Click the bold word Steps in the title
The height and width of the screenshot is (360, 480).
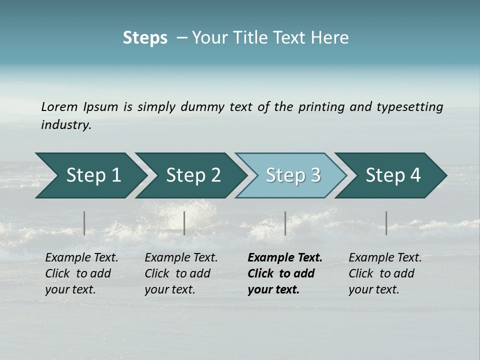[x=145, y=37]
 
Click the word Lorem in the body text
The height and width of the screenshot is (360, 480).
[x=59, y=106]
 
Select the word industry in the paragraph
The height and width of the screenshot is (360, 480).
[x=65, y=125]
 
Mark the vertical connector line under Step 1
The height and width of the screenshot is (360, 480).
[x=84, y=223]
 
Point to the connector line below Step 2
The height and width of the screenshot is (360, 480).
[x=184, y=223]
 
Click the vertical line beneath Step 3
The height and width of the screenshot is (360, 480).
[x=285, y=223]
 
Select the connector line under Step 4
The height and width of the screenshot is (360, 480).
[x=386, y=223]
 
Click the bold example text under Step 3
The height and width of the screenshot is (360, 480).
[x=285, y=273]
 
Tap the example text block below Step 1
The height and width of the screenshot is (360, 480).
[x=81, y=273]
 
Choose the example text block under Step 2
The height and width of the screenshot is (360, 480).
[x=181, y=273]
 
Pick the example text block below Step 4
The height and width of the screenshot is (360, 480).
[x=385, y=273]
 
